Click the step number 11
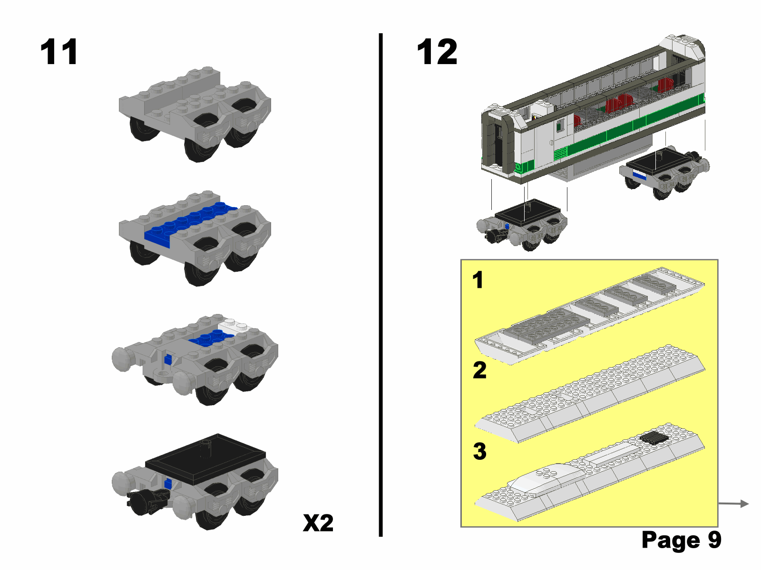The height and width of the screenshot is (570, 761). (x=59, y=52)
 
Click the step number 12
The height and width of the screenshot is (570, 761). (x=437, y=52)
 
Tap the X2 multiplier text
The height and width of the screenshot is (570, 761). (x=318, y=523)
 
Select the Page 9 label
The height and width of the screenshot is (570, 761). (x=681, y=540)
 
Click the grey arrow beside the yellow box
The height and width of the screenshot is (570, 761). (x=733, y=503)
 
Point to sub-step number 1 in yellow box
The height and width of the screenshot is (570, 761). (x=478, y=280)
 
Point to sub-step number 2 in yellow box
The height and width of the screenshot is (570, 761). (x=480, y=370)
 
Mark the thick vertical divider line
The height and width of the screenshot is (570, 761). (x=380, y=285)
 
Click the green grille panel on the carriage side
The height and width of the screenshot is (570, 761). (x=560, y=153)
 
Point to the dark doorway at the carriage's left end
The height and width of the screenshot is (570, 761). (x=498, y=145)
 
